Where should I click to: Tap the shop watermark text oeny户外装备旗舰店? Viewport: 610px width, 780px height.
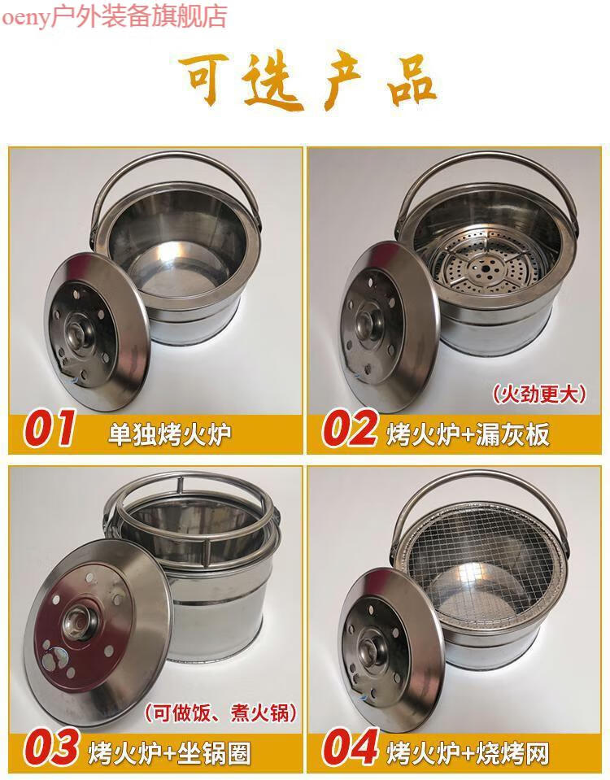coord(114,15)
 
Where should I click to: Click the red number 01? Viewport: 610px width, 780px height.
coord(50,429)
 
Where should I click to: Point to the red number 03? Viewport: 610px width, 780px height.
coord(50,747)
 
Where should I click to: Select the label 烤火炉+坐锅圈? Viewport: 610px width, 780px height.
coord(169,751)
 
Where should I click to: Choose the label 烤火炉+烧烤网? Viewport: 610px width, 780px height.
coord(468,751)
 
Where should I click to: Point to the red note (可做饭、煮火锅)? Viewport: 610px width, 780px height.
coord(221,713)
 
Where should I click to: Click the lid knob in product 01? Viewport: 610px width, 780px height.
coord(81,331)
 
